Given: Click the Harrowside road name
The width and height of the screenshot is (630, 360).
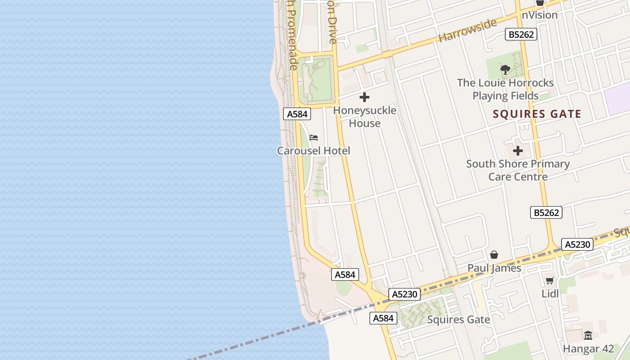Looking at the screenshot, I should [468, 30].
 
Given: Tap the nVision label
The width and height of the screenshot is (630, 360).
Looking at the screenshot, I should [540, 15].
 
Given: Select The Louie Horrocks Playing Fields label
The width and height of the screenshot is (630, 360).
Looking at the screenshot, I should [505, 89].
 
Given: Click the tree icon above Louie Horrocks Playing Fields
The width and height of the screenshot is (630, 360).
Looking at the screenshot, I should [505, 70].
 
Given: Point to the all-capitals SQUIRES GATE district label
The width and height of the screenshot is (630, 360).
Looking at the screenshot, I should [537, 114].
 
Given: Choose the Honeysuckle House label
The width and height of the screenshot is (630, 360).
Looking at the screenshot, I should [364, 117].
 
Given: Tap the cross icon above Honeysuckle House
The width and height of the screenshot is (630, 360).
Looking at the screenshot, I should [364, 97].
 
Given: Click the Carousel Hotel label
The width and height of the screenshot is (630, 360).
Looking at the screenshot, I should [313, 151].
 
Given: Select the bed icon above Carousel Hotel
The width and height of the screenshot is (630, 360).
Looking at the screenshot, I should [314, 137].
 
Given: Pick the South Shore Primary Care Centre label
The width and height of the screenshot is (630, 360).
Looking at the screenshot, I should [518, 170].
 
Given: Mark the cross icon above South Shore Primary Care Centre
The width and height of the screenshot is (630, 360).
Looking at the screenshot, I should [518, 151].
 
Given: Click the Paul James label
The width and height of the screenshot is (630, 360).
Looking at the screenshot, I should [494, 268].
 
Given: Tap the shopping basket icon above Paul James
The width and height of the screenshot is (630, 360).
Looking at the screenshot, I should [494, 255].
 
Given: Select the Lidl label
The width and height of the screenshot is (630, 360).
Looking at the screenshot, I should [550, 294].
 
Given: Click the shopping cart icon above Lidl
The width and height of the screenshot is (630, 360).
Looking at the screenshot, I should [549, 281].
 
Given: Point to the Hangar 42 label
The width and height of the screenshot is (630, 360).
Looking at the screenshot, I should [588, 349].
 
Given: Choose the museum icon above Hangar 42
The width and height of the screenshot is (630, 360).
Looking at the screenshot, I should [588, 335].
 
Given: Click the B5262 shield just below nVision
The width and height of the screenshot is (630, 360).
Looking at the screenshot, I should [521, 34].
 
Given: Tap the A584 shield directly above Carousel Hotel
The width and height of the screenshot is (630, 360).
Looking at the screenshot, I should [297, 114].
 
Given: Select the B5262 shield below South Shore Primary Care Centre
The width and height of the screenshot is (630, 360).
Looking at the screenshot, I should [546, 212].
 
